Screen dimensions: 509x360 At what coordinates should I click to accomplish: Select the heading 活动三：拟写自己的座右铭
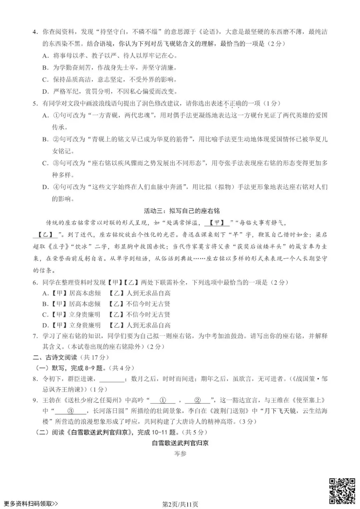[182, 211]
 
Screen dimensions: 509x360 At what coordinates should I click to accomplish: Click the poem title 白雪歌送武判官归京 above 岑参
[180, 443]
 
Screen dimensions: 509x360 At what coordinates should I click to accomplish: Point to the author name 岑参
[180, 454]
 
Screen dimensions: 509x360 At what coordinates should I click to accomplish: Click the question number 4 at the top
[35, 32]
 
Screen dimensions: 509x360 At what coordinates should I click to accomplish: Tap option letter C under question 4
[46, 80]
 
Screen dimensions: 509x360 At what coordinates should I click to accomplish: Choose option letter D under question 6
[46, 325]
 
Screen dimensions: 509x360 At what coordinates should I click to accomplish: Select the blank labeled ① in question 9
[163, 400]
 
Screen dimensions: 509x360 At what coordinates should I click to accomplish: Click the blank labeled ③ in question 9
[70, 411]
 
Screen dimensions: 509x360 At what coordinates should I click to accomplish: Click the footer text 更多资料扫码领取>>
[31, 504]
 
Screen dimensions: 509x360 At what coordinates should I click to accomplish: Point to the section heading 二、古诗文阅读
[55, 357]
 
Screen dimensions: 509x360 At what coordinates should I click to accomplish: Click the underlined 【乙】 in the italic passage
[46, 235]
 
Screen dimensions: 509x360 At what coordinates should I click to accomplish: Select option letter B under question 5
[46, 139]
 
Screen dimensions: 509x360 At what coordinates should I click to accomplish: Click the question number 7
[35, 336]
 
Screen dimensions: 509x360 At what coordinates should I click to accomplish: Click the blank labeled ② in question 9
[197, 400]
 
